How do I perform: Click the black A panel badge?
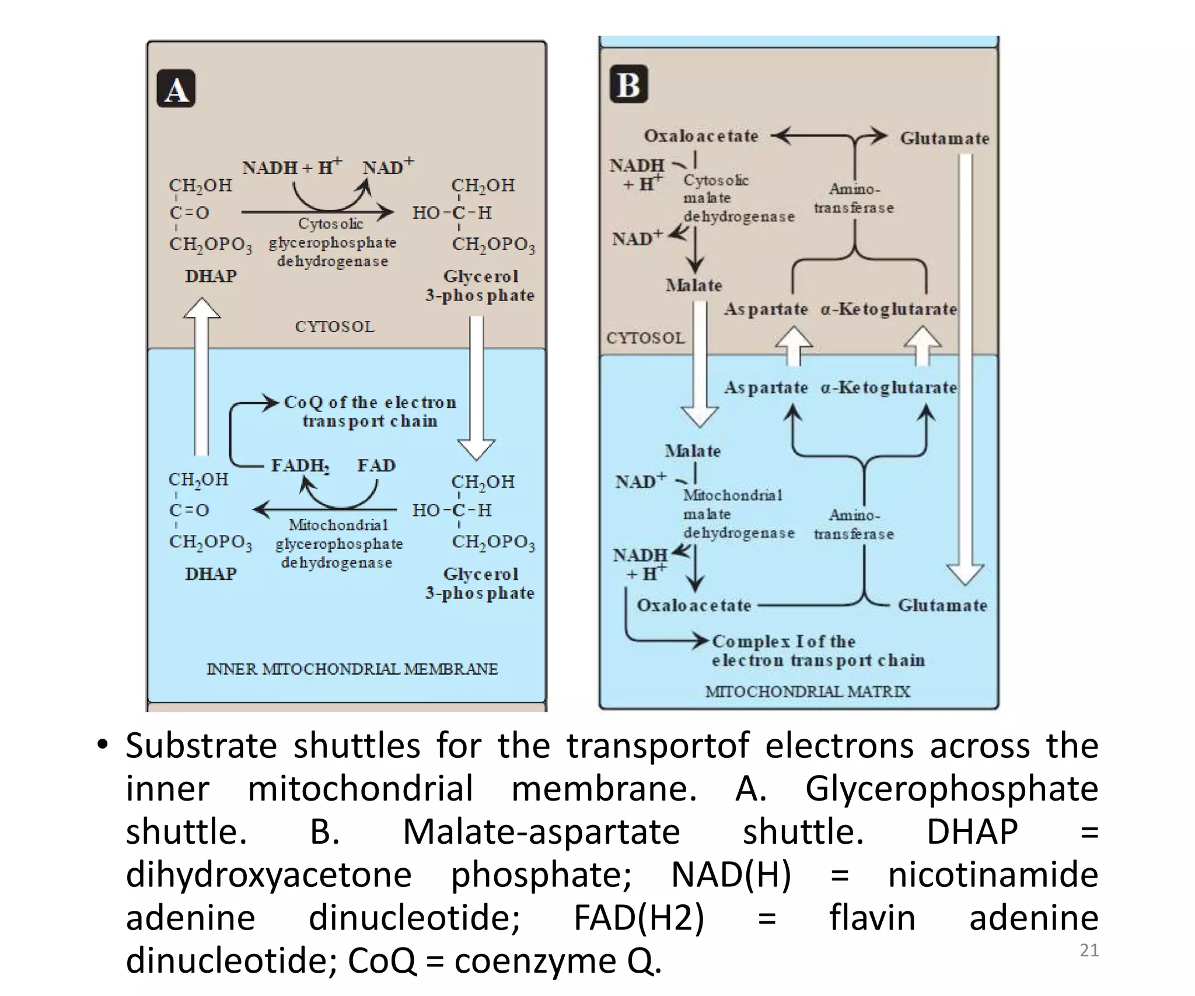(176, 89)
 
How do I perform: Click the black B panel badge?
(628, 84)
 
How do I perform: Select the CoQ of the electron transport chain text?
(370, 411)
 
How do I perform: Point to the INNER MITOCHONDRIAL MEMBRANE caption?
(352, 669)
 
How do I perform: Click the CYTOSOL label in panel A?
(334, 326)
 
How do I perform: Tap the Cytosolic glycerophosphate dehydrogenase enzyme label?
(332, 242)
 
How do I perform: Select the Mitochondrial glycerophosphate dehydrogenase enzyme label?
(338, 544)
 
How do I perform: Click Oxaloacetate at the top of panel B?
(701, 136)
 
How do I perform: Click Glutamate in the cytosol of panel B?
(944, 138)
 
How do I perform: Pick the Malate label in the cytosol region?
(694, 285)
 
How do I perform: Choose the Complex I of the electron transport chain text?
(817, 651)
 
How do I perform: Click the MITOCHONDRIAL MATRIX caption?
(807, 691)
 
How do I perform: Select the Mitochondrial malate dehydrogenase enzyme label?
(738, 514)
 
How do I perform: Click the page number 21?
(1089, 950)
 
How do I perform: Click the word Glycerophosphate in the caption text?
(951, 789)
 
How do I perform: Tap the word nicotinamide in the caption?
(993, 875)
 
